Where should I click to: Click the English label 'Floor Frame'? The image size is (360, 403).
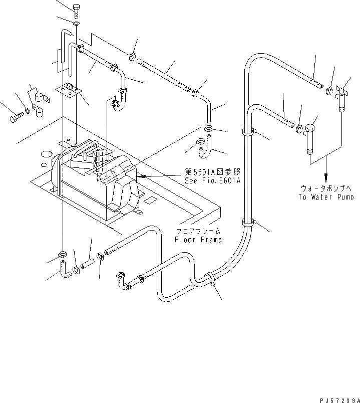(x=198, y=240)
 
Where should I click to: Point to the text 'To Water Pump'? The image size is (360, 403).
(x=327, y=197)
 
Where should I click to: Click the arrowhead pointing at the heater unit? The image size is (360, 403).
(x=142, y=176)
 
